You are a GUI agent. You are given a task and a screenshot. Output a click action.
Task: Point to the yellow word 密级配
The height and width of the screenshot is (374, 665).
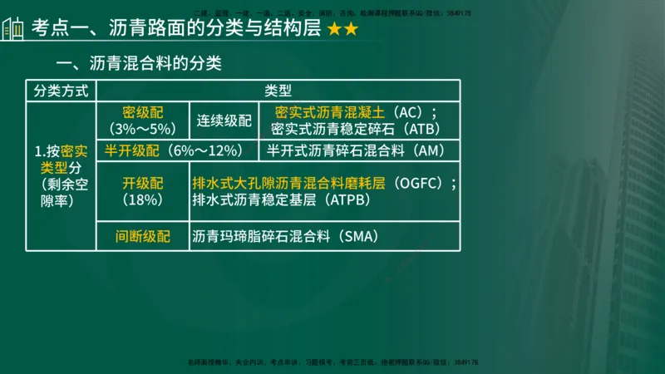140,112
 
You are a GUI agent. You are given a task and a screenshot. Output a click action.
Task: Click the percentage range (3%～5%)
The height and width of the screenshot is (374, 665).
140,129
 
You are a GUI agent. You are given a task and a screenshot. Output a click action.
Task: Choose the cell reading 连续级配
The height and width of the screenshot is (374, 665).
224,121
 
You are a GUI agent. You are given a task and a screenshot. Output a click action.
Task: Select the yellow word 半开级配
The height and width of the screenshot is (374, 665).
131,150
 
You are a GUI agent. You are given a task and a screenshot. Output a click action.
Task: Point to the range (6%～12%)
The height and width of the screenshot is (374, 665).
204,150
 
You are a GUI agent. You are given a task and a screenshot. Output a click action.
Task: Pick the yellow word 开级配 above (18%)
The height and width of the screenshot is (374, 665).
140,184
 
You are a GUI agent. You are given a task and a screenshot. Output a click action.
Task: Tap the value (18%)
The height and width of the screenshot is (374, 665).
140,200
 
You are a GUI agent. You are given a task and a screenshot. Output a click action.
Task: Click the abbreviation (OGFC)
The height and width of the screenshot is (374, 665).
421,184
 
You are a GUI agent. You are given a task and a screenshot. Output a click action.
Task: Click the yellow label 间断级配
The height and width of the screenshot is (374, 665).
143,237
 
